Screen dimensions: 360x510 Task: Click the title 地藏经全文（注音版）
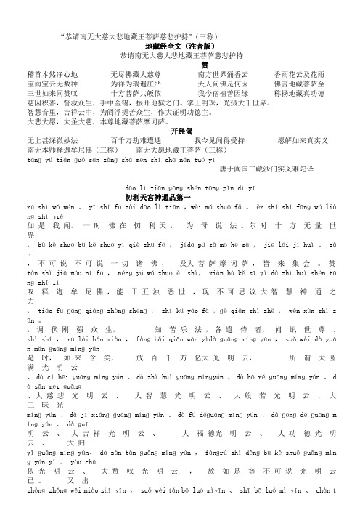(x=181, y=45)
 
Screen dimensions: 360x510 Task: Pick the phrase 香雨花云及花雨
(x=300, y=73)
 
